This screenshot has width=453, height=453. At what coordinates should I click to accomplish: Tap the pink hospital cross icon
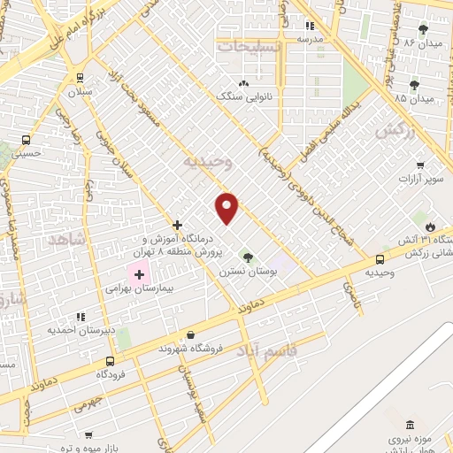tap(139, 275)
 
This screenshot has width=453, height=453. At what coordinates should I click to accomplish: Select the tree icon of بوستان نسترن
tap(248, 257)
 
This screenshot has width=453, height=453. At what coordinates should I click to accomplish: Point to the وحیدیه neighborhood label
tap(208, 163)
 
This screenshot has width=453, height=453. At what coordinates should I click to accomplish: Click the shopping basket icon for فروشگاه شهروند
tap(190, 334)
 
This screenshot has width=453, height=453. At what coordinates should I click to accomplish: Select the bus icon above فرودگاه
tap(110, 361)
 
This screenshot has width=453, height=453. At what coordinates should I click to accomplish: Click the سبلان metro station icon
tap(81, 77)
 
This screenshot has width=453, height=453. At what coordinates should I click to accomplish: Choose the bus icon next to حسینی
tap(26, 140)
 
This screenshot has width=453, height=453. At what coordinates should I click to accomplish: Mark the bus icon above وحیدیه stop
tap(380, 259)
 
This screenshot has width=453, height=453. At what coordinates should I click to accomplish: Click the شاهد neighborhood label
tap(66, 240)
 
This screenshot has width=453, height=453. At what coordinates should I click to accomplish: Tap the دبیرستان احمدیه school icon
tap(81, 316)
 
